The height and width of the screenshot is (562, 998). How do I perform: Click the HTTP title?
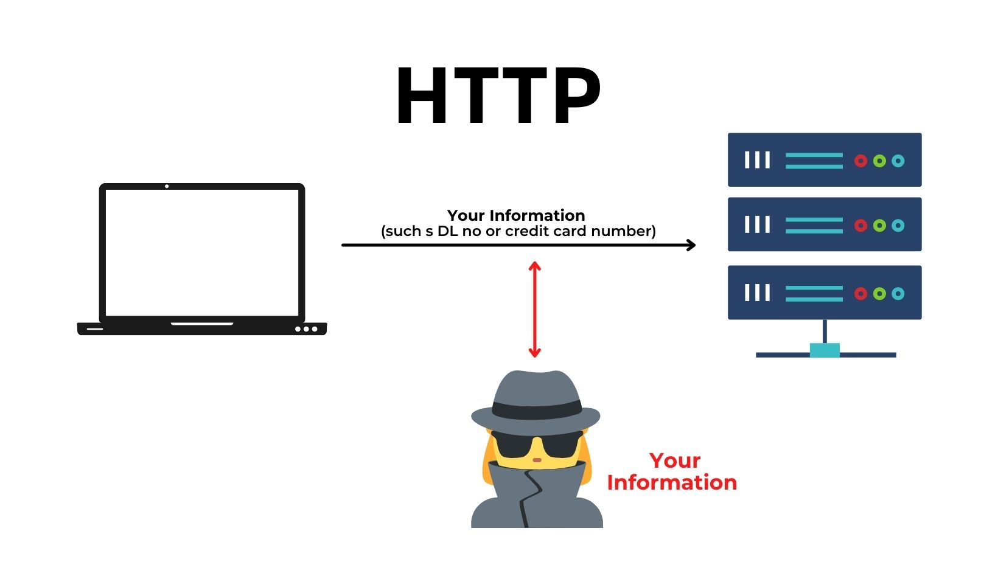pyautogui.click(x=498, y=96)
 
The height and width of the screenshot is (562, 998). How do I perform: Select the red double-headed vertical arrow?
pyautogui.click(x=534, y=309)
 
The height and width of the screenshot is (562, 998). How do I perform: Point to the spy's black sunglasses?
pyautogui.click(x=536, y=444)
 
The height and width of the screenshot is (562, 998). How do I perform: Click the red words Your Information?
pyautogui.click(x=672, y=471)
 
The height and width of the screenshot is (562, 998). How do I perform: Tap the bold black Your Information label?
pyautogui.click(x=516, y=215)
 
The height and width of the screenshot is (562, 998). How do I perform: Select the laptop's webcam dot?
pyautogui.click(x=167, y=186)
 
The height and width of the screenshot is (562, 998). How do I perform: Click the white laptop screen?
pyautogui.click(x=202, y=252)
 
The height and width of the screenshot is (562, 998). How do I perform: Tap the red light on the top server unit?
pyautogui.click(x=860, y=161)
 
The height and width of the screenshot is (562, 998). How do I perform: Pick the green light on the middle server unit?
pyautogui.click(x=879, y=226)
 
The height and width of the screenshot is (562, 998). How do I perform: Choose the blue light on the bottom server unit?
pyautogui.click(x=898, y=294)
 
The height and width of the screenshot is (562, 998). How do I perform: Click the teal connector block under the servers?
pyautogui.click(x=825, y=350)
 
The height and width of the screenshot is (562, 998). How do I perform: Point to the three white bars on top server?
pyautogui.click(x=758, y=160)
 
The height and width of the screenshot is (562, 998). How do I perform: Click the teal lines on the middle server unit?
pyautogui.click(x=814, y=226)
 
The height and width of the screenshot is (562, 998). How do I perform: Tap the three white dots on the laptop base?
pyautogui.click(x=306, y=329)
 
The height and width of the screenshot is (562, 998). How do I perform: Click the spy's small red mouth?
pyautogui.click(x=537, y=460)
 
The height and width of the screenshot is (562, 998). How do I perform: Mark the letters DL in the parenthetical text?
pyautogui.click(x=447, y=231)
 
